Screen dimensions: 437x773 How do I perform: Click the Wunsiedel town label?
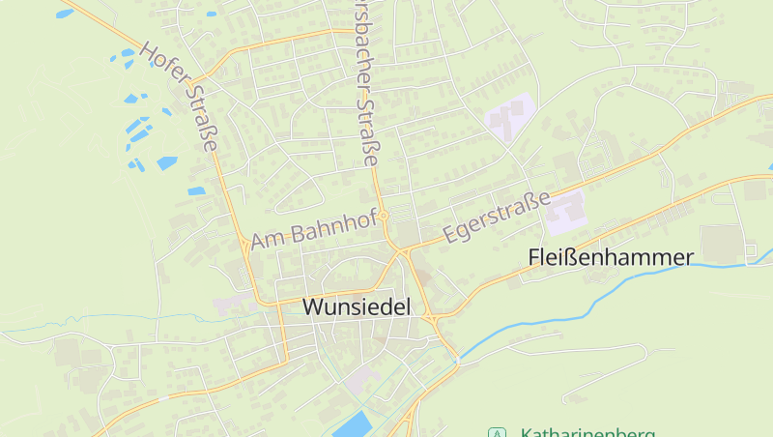point(357,306)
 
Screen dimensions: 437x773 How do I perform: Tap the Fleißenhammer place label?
point(611,257)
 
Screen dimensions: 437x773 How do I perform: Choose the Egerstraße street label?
point(496,217)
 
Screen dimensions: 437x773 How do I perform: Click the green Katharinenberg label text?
point(587,433)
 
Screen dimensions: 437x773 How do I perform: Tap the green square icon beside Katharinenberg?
point(497,433)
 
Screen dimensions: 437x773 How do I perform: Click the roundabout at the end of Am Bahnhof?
point(384,215)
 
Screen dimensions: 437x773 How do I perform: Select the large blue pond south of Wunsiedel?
point(353,423)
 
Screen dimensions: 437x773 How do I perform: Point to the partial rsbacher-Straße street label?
point(364,83)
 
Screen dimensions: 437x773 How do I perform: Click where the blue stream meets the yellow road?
point(458,360)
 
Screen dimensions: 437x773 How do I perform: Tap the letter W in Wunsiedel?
point(312,306)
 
